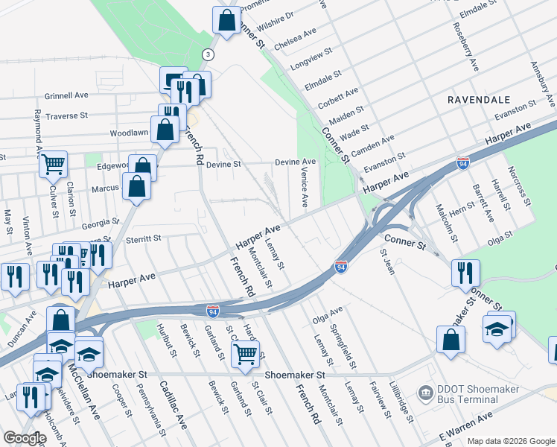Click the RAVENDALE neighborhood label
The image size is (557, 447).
[478, 99]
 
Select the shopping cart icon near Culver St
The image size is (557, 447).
[52, 163]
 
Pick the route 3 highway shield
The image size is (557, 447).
[209, 54]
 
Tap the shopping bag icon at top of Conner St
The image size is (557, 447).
[226, 20]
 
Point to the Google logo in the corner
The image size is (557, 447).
[24, 438]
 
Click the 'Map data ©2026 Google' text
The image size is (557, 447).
[510, 441]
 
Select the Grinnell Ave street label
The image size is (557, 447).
[66, 95]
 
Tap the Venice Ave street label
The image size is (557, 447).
[304, 187]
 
